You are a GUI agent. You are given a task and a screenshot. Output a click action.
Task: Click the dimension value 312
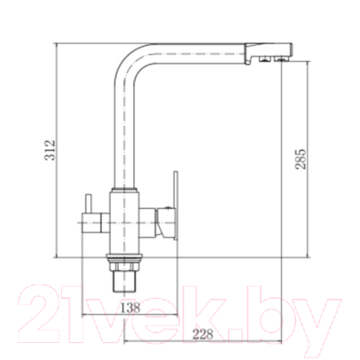click(50, 149)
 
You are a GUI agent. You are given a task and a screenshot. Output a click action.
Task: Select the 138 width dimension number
click(130, 307)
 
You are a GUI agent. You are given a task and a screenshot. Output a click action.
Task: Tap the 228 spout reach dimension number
click(202, 334)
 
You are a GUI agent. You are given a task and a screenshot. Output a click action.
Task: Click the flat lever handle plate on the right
click(175, 206)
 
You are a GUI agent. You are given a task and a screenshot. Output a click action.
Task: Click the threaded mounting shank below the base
click(124, 281)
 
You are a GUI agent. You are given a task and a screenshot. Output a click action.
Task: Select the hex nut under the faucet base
click(124, 266)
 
